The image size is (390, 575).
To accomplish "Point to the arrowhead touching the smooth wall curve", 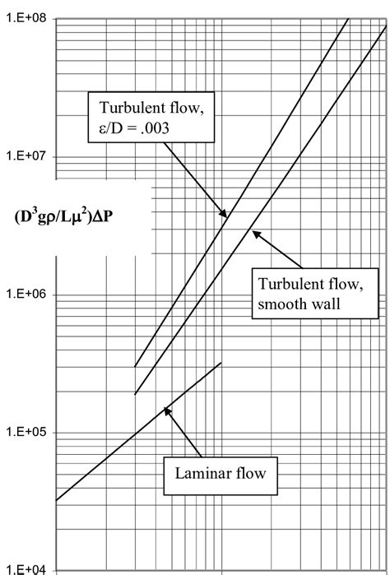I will click(x=253, y=233).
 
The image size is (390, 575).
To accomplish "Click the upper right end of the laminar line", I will click(x=221, y=363).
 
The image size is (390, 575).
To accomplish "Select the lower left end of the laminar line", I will click(x=55, y=500).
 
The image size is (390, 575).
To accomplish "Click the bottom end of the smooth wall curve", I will click(x=135, y=394).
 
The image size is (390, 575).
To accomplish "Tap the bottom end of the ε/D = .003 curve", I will click(x=135, y=366).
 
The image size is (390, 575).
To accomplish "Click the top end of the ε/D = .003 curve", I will click(x=348, y=18).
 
